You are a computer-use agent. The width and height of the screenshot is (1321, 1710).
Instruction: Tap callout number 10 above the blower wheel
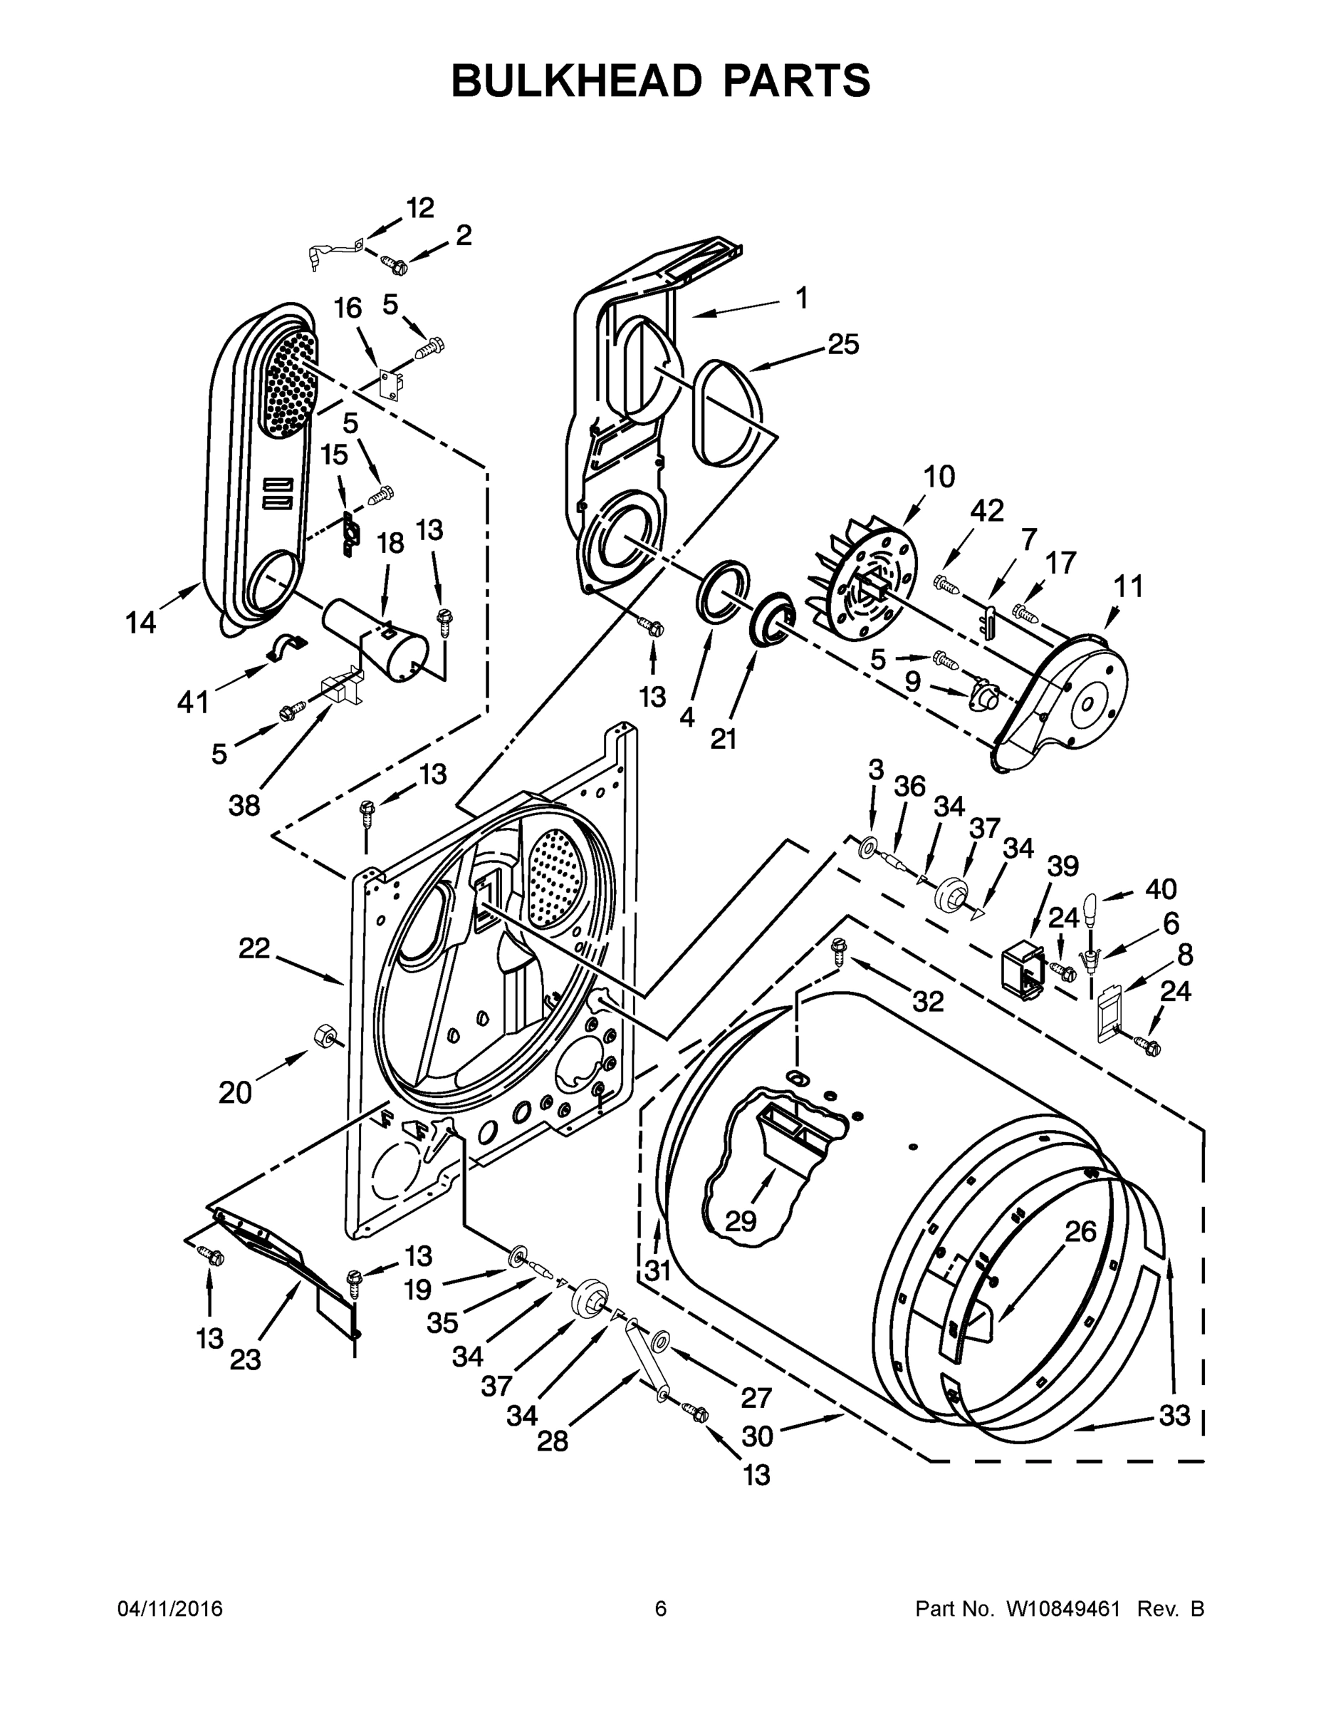tap(939, 476)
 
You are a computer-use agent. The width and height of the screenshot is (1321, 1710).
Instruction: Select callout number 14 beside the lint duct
tap(141, 623)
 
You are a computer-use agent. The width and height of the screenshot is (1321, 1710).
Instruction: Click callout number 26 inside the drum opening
tap(1081, 1233)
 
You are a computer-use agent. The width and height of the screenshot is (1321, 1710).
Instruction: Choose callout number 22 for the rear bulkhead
tap(254, 950)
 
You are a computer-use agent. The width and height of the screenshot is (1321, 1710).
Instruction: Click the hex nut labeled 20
tap(323, 1037)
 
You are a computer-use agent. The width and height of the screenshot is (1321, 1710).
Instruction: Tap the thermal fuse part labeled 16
tap(388, 383)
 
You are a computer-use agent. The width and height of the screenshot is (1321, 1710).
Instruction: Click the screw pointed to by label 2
tap(395, 266)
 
